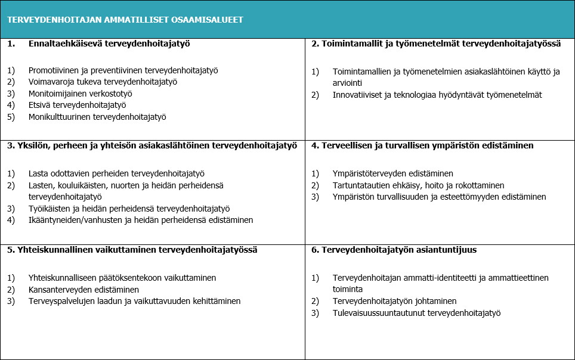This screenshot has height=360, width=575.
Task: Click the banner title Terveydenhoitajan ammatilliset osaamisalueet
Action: pyautogui.click(x=125, y=20)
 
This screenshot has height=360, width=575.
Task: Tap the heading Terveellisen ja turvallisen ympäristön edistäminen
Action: pyautogui.click(x=422, y=145)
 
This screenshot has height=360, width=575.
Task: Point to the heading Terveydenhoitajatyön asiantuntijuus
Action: pyautogui.click(x=394, y=250)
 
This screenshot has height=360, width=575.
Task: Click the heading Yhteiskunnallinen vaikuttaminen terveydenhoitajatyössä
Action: pyautogui.click(x=132, y=250)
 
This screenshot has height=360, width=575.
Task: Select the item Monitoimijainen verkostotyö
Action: pyautogui.click(x=80, y=94)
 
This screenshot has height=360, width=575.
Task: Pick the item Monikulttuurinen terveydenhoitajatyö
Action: pyautogui.click(x=97, y=117)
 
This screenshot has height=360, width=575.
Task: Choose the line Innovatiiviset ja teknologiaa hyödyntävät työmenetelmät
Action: pyautogui.click(x=437, y=95)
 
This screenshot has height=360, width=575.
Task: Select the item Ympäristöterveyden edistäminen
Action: pyautogui.click(x=393, y=173)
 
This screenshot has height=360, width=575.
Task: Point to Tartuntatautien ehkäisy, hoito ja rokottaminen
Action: pyautogui.click(x=418, y=185)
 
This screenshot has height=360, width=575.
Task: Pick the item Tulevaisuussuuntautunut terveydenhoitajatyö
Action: pyautogui.click(x=416, y=313)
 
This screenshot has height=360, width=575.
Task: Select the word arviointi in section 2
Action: pyautogui.click(x=347, y=83)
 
